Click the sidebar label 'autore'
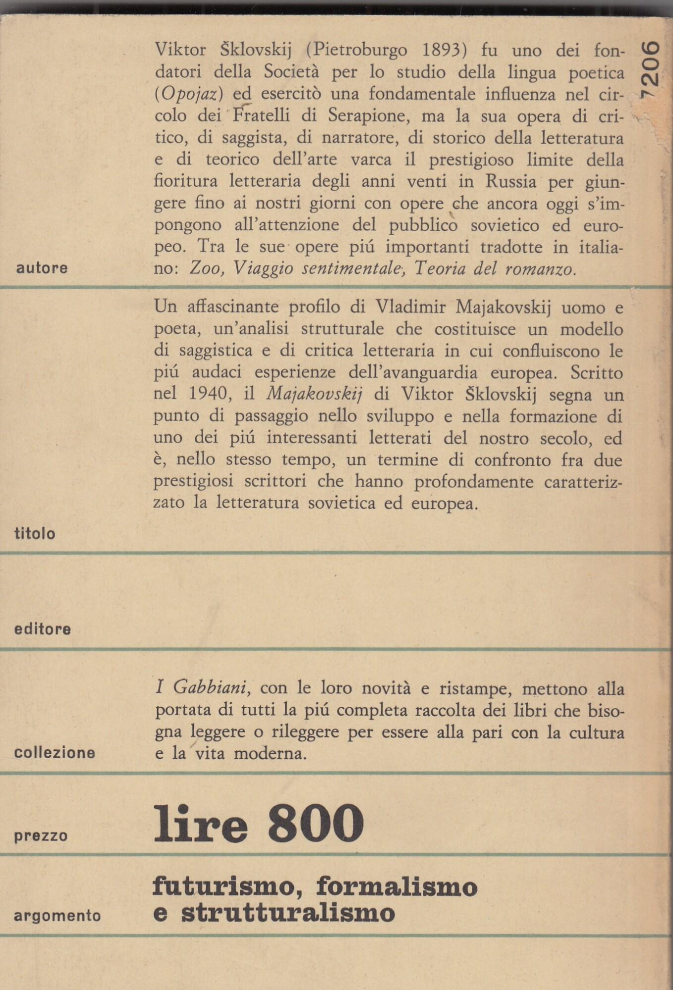point(42,268)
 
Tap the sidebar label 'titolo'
point(35,533)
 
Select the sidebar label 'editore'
point(43,629)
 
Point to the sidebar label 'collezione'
point(55,753)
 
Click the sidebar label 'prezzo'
point(41,836)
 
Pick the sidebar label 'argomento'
point(57,916)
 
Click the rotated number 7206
point(650,69)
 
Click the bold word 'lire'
point(200,825)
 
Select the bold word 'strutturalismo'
point(288,913)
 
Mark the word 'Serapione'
point(369,115)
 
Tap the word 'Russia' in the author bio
point(510,181)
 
